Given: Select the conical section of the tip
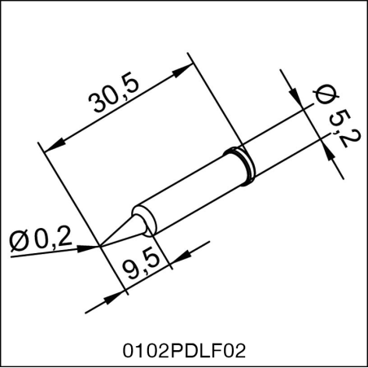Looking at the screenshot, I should point(122,229).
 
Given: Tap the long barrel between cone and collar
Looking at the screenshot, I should point(187,192).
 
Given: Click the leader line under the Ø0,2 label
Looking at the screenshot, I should point(49,252).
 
